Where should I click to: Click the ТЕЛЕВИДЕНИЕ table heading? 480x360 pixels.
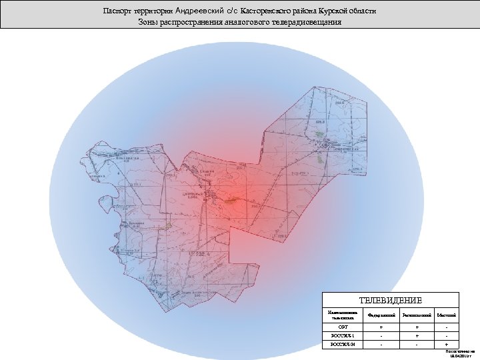pos(391,301)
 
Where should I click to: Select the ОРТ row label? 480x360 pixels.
pos(343,327)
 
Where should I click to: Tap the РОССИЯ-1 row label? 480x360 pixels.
pos(343,335)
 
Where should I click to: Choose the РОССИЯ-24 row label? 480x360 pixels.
pos(343,344)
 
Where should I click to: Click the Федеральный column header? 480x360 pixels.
pos(381,314)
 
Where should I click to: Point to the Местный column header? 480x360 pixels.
pos(446,314)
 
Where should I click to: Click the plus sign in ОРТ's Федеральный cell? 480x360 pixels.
pos(381,327)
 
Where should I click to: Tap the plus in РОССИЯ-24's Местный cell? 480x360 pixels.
pos(446,344)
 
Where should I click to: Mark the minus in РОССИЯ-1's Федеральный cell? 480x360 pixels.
pos(381,335)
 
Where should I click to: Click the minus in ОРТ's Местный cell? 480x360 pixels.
pos(446,327)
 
